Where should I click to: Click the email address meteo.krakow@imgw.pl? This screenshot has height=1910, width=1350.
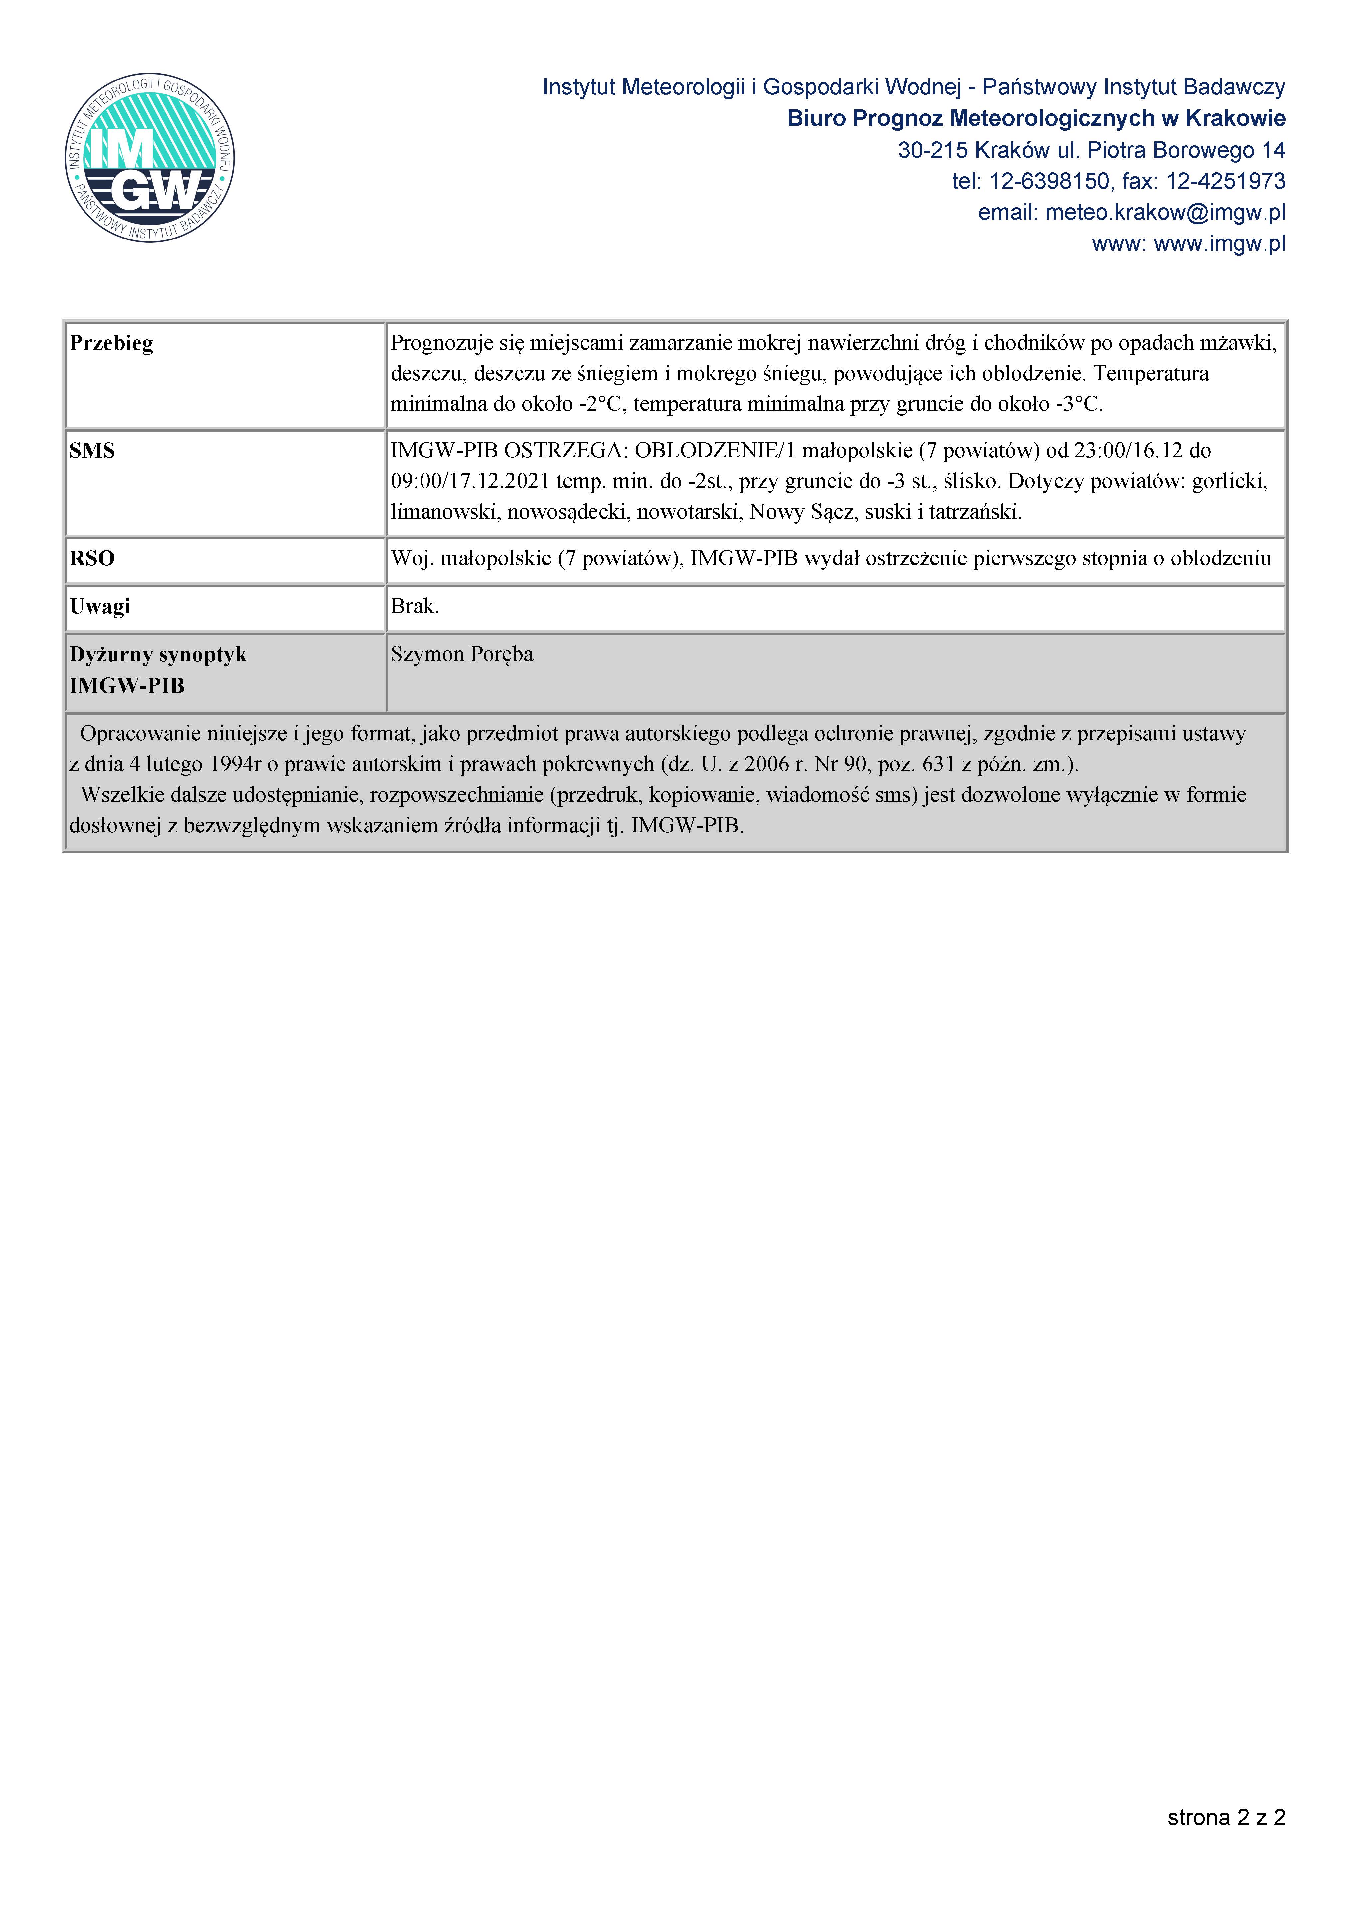point(1164,212)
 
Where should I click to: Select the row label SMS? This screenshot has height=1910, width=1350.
point(92,451)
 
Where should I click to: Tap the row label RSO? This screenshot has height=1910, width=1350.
point(92,558)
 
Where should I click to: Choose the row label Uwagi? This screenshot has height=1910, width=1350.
point(100,606)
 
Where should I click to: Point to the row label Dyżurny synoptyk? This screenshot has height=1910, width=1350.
point(158,655)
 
